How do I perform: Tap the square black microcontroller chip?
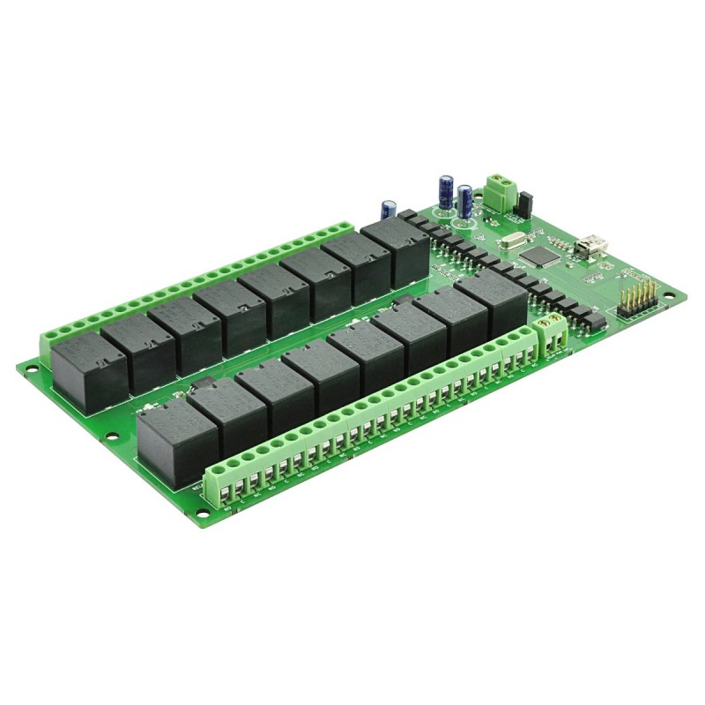click(539, 256)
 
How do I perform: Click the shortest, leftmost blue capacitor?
click(388, 209)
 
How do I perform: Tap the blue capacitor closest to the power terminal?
click(464, 200)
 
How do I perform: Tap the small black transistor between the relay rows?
click(204, 382)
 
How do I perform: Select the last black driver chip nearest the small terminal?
click(596, 321)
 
